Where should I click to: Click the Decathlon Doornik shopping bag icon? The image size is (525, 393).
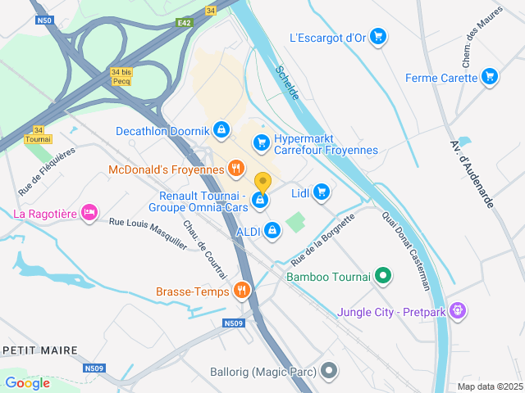click(221, 129)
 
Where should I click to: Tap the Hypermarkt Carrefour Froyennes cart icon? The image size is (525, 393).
click(261, 143)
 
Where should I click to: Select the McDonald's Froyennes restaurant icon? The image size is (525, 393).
click(236, 169)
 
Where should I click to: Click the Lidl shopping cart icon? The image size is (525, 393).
click(322, 192)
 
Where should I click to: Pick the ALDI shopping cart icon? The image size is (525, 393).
click(272, 232)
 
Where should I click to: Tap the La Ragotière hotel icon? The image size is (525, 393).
click(90, 214)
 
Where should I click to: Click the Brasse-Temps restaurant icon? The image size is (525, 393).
click(241, 290)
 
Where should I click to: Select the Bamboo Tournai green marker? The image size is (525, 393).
click(382, 276)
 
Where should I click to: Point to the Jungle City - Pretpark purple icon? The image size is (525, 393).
click(458, 311)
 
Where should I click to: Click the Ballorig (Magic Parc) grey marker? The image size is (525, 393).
click(329, 371)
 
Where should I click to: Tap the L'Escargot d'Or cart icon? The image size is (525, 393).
click(377, 36)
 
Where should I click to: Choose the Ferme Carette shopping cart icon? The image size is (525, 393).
click(490, 78)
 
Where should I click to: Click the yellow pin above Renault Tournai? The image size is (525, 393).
click(262, 182)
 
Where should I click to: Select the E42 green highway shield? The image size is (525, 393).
click(184, 24)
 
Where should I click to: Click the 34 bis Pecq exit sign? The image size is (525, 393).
click(121, 77)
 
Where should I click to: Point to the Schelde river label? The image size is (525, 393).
click(288, 83)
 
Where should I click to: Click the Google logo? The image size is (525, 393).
click(27, 382)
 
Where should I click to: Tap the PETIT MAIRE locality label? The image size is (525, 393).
click(40, 350)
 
